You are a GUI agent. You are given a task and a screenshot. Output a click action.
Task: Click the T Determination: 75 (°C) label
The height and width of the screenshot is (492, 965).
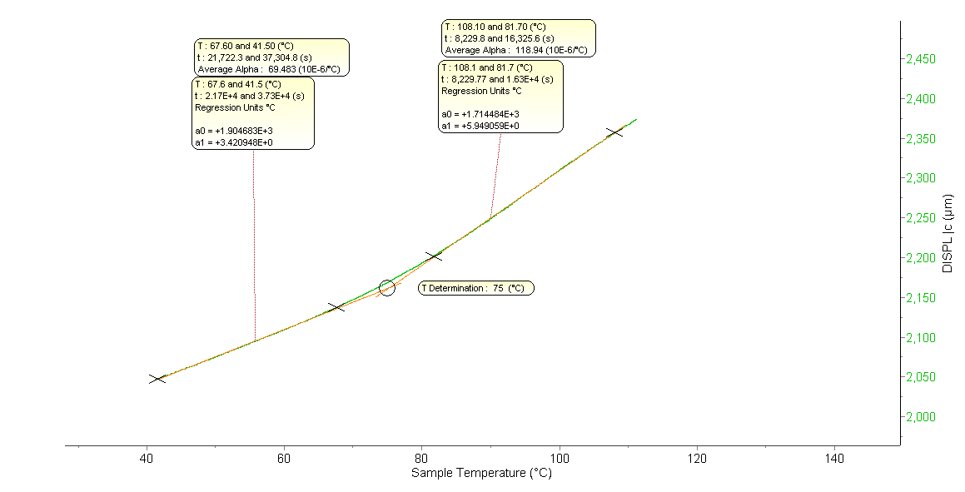click(x=476, y=288)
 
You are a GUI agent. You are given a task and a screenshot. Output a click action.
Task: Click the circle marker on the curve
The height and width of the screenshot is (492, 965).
click(x=387, y=287)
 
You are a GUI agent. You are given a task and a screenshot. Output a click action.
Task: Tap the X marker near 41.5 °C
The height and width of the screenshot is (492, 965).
click(x=157, y=379)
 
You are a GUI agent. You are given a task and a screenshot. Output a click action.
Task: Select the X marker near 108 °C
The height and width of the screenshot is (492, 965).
click(x=614, y=132)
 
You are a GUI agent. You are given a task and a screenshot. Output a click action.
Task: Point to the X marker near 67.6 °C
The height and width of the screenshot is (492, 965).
click(x=336, y=307)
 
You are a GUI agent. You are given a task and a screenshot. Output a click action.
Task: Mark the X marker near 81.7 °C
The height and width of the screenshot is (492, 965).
click(x=434, y=256)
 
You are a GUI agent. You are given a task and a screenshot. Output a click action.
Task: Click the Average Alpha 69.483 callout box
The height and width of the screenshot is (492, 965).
click(x=271, y=57)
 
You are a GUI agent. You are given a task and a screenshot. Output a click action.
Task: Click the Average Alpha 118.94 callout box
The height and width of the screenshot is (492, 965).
click(x=518, y=38)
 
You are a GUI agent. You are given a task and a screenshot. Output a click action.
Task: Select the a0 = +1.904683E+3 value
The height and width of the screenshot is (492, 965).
click(x=234, y=131)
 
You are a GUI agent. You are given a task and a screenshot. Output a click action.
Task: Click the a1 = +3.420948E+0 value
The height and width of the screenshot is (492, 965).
click(x=234, y=142)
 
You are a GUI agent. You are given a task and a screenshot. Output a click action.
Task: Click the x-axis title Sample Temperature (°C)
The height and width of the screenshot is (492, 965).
click(x=481, y=474)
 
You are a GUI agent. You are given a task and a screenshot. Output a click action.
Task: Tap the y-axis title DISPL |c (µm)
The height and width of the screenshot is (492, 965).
click(x=948, y=233)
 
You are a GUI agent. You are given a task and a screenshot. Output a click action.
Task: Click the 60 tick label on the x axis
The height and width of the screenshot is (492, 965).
click(x=284, y=459)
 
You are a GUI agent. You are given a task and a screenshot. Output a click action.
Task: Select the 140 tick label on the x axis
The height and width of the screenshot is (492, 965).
click(x=834, y=459)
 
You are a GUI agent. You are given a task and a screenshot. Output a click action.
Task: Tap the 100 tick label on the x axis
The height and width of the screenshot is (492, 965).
click(x=560, y=459)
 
